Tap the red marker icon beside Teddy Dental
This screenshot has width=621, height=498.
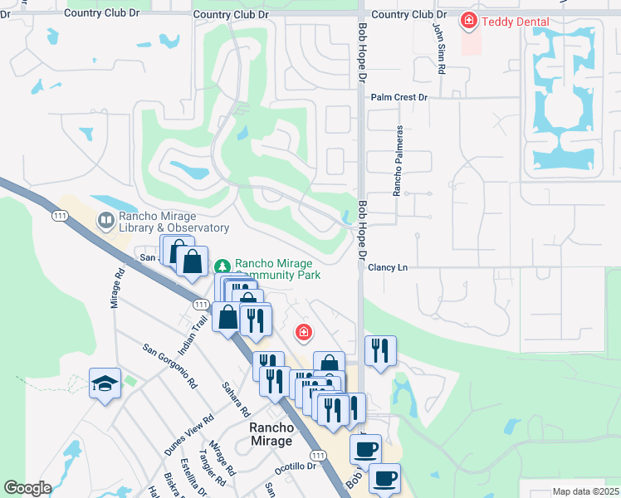coord(470,20)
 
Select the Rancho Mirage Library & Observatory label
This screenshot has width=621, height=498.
coord(173,222)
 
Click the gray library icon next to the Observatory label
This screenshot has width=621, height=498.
coord(105,221)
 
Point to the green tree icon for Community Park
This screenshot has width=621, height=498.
coord(222,266)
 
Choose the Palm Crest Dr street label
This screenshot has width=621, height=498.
coord(399,97)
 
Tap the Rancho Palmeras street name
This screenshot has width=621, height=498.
coord(399,162)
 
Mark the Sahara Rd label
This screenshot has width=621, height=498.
coord(236,398)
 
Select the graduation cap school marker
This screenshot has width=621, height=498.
coord(105,383)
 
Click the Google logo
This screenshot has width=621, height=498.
coord(27,488)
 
